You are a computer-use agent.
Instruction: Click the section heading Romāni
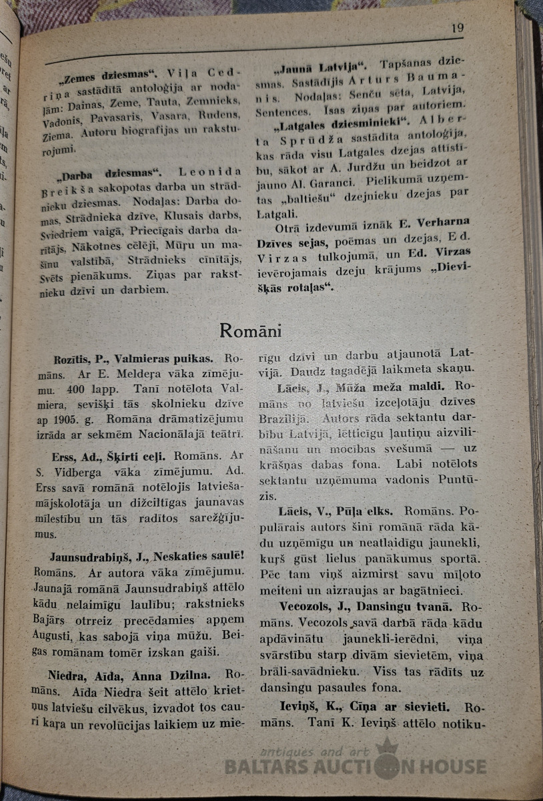(x=250, y=330)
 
